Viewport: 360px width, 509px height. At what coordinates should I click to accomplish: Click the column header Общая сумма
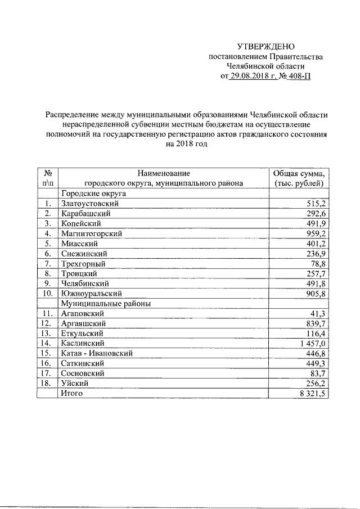pos(299,173)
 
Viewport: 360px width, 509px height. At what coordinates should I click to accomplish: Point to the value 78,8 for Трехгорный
pos(319,263)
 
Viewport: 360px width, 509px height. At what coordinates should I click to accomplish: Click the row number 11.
pos(47,313)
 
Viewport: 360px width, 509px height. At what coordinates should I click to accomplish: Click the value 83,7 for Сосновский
pos(319,373)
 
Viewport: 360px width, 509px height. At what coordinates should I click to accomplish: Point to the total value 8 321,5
pos(313,393)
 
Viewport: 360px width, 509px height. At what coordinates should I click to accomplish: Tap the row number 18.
pos(47,383)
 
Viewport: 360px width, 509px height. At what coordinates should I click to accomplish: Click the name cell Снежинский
pos(83,253)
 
